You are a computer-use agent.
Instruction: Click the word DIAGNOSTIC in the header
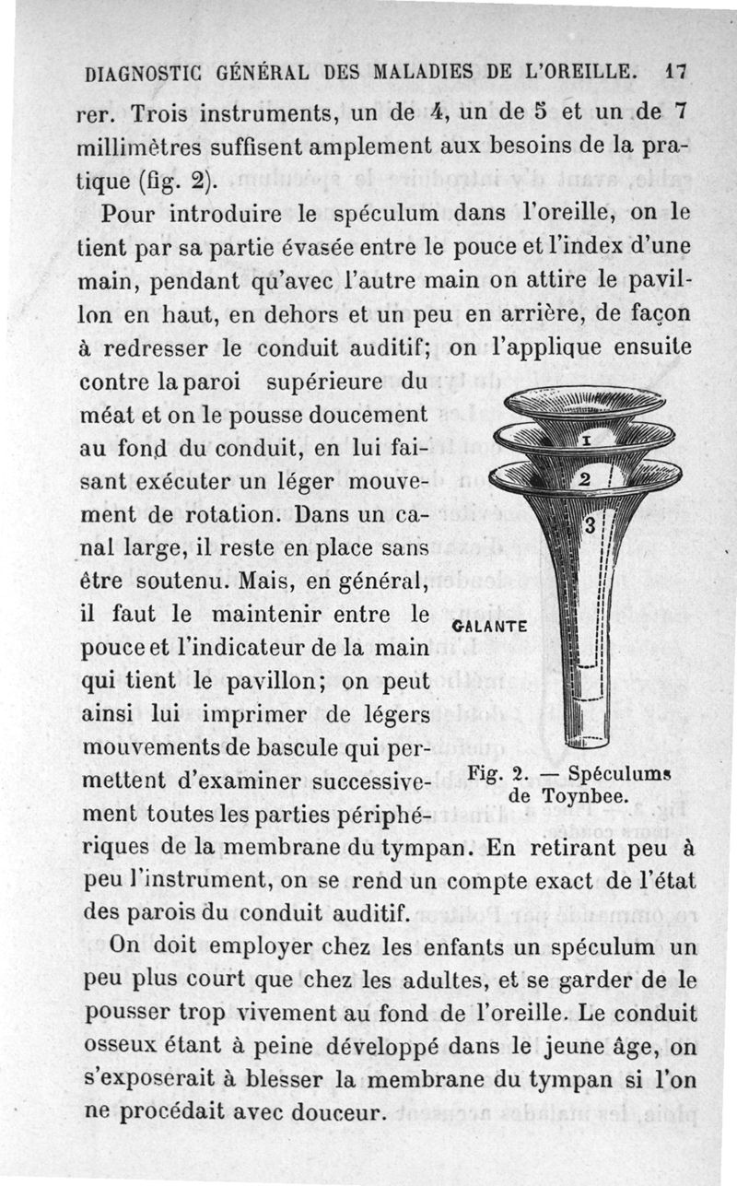tap(146, 72)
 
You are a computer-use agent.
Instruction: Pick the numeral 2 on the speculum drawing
tap(582, 478)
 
